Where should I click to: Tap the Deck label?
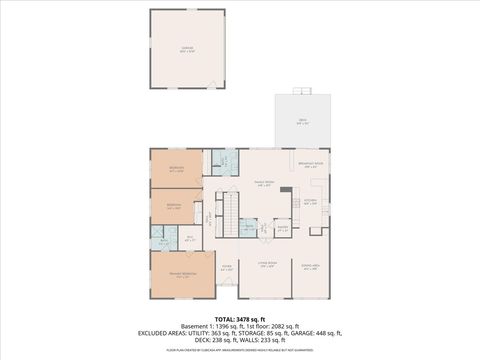pos(301,121)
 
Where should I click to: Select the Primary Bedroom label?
pos(183,274)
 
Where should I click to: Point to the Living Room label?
pos(266,264)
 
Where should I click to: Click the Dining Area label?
pos(310,264)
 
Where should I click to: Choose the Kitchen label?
pos(310,201)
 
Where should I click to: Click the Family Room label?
pos(263,183)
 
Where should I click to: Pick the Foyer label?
pos(227,266)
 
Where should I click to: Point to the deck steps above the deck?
pos(301,91)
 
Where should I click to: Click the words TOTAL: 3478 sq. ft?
pos(239,318)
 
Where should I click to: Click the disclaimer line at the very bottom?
pos(239,351)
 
